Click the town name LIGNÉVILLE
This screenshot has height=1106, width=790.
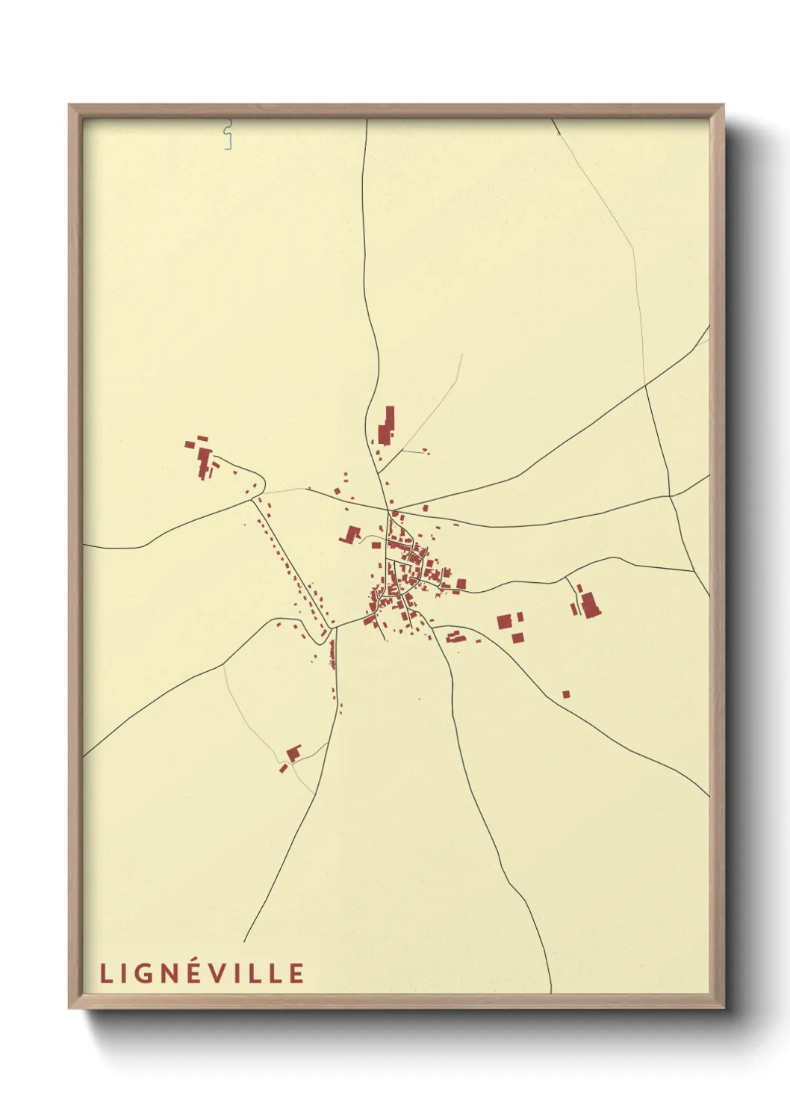point(202,973)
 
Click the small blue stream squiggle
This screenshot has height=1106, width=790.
point(228,135)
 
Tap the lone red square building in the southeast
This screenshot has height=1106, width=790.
point(566,694)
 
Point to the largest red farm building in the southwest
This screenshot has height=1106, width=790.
point(293,753)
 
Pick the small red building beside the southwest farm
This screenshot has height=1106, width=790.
point(283,768)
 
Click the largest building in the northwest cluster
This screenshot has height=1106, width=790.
point(204,460)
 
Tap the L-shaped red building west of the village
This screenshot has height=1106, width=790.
point(350,534)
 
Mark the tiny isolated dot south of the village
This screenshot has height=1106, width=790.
point(420,699)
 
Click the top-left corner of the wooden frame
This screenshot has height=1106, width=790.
point(69,105)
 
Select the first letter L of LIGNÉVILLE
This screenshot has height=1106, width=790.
point(105,973)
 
